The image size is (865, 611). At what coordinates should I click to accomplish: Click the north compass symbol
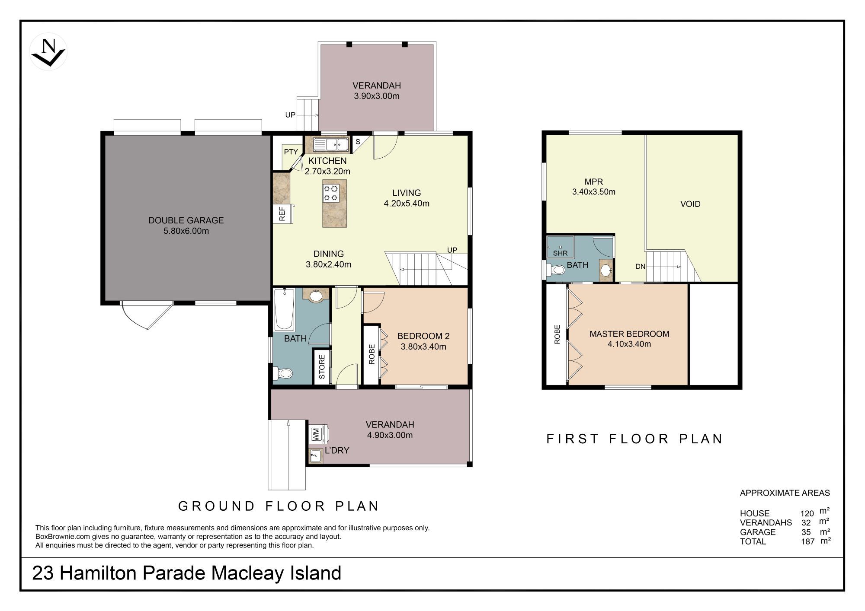coord(48,51)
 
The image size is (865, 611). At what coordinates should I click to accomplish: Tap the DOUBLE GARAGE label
coord(186,220)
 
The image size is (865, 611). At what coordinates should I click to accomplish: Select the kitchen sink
coord(331,144)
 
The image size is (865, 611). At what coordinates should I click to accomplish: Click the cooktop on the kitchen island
coord(331,193)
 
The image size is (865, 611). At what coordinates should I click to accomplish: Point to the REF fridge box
coord(282,214)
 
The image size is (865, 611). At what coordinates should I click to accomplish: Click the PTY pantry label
coord(291,152)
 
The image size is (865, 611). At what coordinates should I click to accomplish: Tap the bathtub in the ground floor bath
coord(284,309)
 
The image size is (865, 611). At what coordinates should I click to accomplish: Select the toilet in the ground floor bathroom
coord(283,372)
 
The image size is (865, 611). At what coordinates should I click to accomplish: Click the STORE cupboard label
coord(322,367)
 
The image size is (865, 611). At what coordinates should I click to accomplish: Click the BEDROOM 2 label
coord(423,336)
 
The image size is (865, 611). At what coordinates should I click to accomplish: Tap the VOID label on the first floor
coord(690,204)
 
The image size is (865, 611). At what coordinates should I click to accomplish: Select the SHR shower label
coord(560,253)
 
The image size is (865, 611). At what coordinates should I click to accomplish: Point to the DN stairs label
coord(641,267)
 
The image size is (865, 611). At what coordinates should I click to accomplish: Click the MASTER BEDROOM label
coord(629,334)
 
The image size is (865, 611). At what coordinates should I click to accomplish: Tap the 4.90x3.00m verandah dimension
coord(390,435)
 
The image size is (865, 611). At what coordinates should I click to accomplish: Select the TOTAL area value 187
coord(807,541)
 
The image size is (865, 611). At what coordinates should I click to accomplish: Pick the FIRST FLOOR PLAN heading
coord(634,439)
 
